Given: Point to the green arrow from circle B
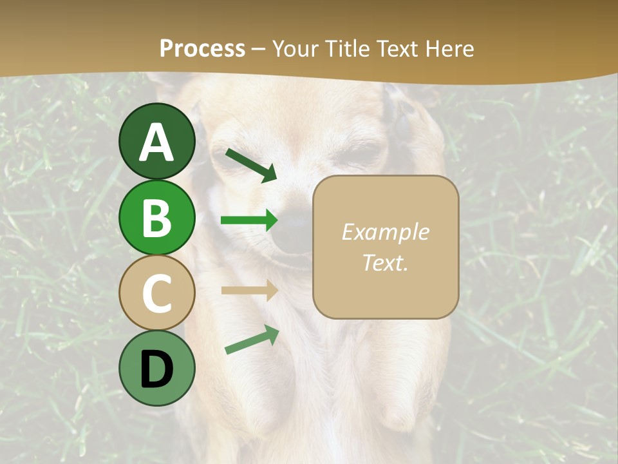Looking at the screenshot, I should (x=249, y=220).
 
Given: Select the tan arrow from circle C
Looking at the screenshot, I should (x=249, y=290).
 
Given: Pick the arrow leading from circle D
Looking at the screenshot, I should (x=252, y=340).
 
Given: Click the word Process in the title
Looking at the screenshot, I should (x=202, y=49).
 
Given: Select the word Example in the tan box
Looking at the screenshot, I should (x=385, y=232).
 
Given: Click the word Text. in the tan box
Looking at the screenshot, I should (x=385, y=262).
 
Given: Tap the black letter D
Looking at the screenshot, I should (x=156, y=369).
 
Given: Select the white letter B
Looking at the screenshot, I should (x=156, y=218).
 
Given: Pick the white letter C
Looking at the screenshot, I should (x=156, y=293).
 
